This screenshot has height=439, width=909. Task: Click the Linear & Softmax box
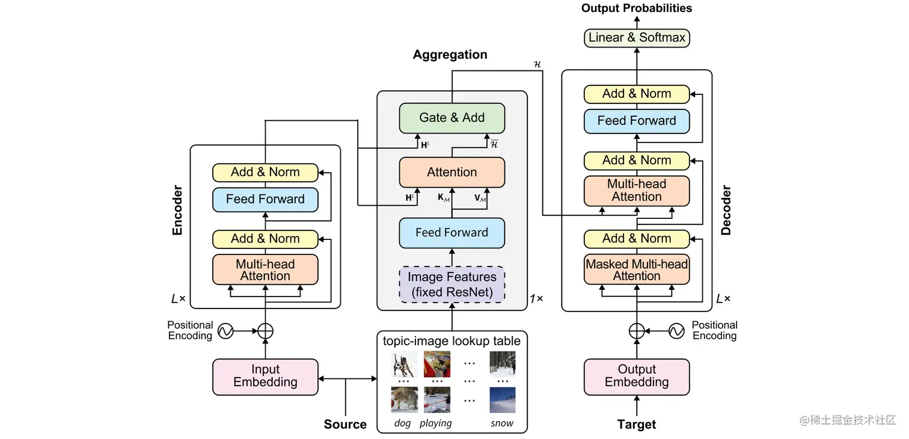tap(637, 37)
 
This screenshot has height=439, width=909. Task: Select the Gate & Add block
tap(452, 118)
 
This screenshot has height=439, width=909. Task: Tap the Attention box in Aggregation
tap(452, 173)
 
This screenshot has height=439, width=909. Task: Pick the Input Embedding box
tap(265, 376)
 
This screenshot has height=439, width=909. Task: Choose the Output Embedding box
tap(637, 376)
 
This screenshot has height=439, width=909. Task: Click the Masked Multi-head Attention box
tap(637, 269)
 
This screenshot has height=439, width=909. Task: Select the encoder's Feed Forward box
tap(265, 199)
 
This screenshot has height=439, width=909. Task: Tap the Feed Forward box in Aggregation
tap(452, 233)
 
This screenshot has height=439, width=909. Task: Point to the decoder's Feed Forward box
tap(637, 121)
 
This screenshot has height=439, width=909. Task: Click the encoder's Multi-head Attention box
tap(265, 269)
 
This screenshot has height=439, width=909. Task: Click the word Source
tap(345, 425)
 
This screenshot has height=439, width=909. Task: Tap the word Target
tap(637, 425)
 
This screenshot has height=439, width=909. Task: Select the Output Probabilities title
tap(637, 8)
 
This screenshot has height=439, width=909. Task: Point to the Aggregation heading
tap(450, 55)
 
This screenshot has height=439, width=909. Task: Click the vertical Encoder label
tap(177, 210)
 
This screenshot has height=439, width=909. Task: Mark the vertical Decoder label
tap(726, 210)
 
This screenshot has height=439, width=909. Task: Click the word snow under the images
tap(502, 423)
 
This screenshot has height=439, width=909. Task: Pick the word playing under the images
tap(436, 423)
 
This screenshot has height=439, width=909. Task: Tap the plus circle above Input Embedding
tap(265, 331)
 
